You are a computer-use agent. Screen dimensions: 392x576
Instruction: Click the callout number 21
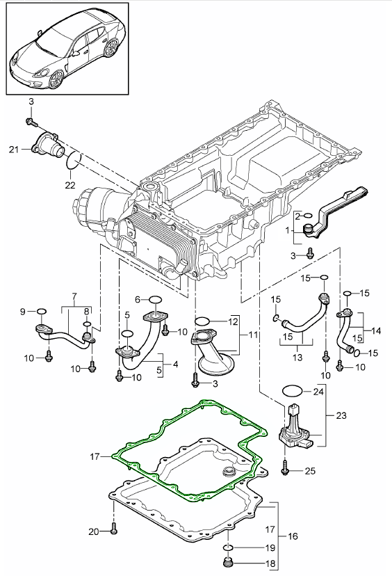pos(14,150)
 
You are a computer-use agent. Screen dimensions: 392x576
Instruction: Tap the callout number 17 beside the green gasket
pos(95,456)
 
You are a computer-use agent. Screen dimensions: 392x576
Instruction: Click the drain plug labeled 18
pos(228,562)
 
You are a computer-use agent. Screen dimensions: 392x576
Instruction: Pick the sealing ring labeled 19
pos(228,548)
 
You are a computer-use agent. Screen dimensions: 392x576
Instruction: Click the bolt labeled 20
pos(113,531)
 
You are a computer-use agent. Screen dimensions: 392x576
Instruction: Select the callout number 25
pos(310,470)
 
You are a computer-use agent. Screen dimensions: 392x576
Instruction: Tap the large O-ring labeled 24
pos(293,390)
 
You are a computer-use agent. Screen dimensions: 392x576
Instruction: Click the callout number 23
pos(341,415)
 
